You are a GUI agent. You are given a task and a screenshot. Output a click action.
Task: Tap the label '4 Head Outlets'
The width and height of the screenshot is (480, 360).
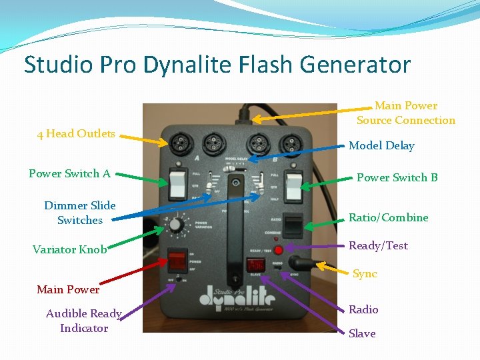point(76,133)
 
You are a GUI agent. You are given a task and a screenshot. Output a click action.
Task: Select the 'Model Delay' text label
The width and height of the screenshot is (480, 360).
point(381,145)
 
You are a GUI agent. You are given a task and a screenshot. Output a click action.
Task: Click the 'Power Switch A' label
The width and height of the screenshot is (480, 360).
point(69,173)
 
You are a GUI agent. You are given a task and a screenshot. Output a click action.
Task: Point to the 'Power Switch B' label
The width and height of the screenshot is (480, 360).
point(397,177)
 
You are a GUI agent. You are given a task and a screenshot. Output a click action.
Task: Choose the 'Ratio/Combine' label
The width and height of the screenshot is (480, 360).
point(388,217)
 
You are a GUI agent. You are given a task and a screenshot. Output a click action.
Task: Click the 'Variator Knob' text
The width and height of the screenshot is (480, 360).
point(69,249)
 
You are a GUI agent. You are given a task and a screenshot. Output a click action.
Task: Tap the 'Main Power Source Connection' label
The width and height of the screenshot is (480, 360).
point(405,113)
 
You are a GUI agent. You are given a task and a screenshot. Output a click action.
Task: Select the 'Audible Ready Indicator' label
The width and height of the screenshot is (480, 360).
point(83,321)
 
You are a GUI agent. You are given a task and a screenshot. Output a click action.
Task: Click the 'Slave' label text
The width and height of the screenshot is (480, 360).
point(362,333)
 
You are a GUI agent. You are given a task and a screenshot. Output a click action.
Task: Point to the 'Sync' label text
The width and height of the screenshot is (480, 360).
point(365,274)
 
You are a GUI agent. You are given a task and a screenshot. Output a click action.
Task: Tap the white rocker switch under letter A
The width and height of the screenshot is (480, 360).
point(178,185)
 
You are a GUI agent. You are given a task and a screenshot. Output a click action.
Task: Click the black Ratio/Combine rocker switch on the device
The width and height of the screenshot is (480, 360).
point(292,223)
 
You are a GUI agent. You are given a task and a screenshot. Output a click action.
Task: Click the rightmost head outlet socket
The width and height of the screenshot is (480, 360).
point(289,143)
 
